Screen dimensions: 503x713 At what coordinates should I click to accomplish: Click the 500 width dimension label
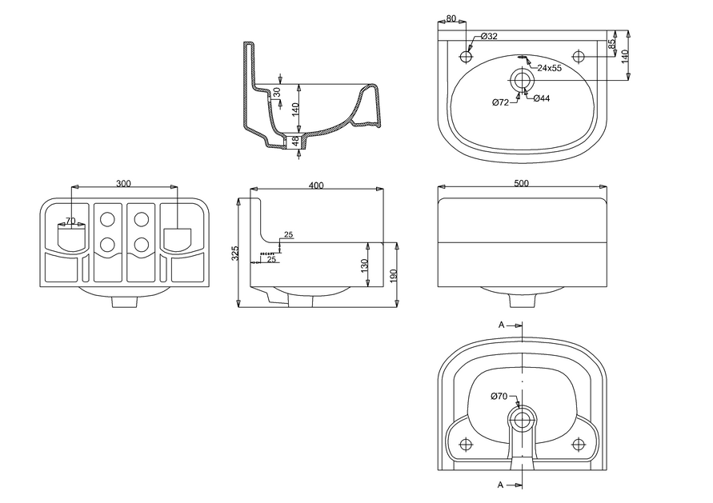tap(521, 184)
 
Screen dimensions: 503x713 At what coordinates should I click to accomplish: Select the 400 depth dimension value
tap(315, 186)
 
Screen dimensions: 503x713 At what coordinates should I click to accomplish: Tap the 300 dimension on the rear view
tap(123, 184)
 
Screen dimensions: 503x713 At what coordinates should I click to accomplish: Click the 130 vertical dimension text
tap(365, 264)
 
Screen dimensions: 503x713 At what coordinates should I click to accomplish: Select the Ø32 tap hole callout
tap(489, 37)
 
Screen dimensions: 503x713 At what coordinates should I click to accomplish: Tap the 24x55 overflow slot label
tap(550, 69)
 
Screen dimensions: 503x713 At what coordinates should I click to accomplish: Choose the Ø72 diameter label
tap(501, 102)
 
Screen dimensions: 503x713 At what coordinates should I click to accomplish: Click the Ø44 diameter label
tap(541, 98)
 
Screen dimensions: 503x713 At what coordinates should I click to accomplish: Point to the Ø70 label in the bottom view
tap(499, 396)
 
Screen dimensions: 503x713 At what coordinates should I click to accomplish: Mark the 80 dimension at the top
tap(451, 18)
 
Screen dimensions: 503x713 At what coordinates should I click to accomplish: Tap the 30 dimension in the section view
tap(277, 92)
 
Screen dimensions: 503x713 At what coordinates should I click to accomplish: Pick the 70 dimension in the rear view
tap(70, 221)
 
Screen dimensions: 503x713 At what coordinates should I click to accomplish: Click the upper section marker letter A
tap(501, 325)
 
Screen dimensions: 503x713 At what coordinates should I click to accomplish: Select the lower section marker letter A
tap(501, 485)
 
